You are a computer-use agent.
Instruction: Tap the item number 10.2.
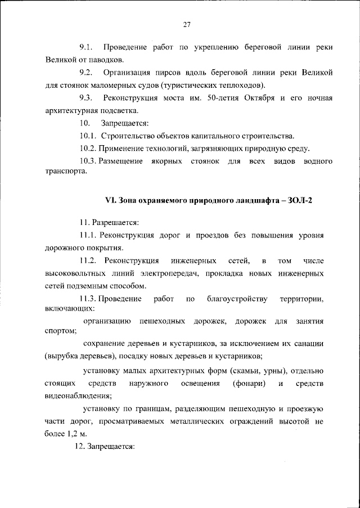coord(88,149)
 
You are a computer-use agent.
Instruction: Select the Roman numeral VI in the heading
coord(111,201)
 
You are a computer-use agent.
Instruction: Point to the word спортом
coord(59,332)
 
